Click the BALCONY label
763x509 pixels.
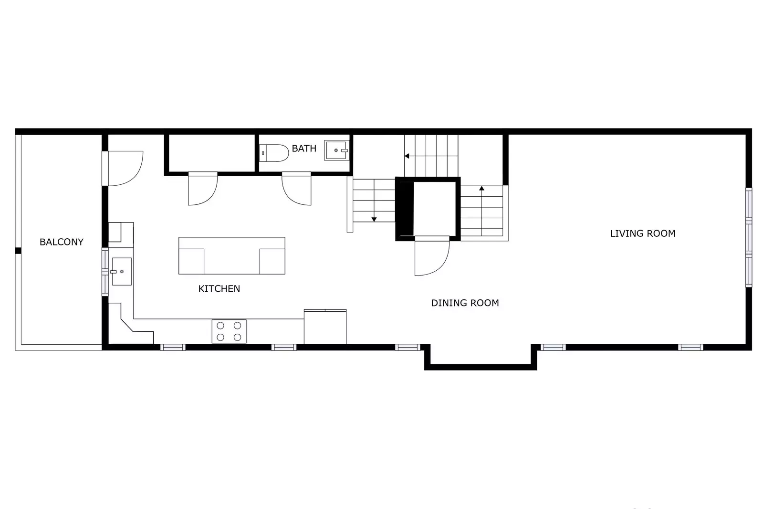(61, 242)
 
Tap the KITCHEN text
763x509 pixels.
(219, 288)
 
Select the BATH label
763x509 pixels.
(304, 148)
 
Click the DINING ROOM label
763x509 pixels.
(465, 303)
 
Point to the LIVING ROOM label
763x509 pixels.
(642, 233)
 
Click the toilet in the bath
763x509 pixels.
(275, 153)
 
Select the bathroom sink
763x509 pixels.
(336, 150)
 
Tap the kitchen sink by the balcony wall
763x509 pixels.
(121, 271)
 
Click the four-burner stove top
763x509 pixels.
(229, 331)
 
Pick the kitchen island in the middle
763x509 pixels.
(231, 255)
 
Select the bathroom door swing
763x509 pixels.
(297, 189)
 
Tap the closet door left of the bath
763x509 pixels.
(203, 189)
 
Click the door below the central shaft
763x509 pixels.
(431, 256)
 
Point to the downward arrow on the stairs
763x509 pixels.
(374, 219)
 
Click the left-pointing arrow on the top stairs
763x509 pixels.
(407, 156)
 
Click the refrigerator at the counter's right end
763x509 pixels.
(325, 327)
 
